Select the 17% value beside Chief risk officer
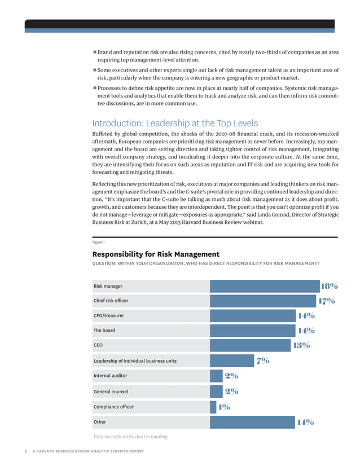click(x=327, y=301)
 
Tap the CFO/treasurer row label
click(x=109, y=316)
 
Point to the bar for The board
click(x=253, y=331)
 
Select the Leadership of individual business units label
click(x=135, y=361)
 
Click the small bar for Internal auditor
click(x=216, y=376)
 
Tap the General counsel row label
click(x=111, y=391)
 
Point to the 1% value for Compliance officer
click(x=223, y=406)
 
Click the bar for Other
click(x=252, y=421)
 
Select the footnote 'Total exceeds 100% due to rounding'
click(x=130, y=437)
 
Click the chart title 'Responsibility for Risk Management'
click(x=156, y=254)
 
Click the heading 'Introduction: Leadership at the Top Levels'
click(x=175, y=124)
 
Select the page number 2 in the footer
click(x=26, y=451)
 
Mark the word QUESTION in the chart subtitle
click(x=107, y=263)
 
